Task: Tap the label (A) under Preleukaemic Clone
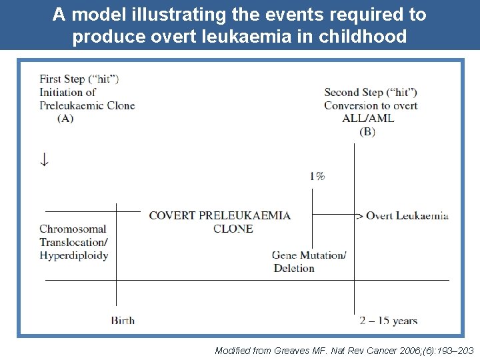click(x=65, y=119)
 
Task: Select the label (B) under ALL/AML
click(x=367, y=131)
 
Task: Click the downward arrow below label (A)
click(x=44, y=160)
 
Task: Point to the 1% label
click(x=317, y=176)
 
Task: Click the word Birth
click(x=123, y=321)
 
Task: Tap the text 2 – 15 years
click(x=388, y=321)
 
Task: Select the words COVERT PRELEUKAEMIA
click(x=219, y=215)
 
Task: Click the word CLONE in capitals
click(x=233, y=229)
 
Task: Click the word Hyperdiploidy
click(x=73, y=255)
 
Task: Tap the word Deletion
click(x=293, y=268)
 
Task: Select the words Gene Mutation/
click(x=309, y=255)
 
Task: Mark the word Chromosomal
click(x=73, y=229)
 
